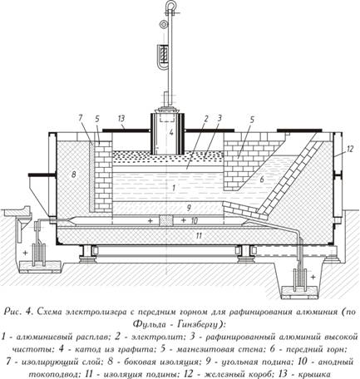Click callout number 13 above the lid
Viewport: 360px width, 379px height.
(121, 119)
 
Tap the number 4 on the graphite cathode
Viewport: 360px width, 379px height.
(171, 133)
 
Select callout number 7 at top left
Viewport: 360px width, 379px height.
(81, 118)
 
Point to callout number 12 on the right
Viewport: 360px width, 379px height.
(350, 149)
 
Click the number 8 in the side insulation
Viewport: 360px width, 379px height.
(73, 175)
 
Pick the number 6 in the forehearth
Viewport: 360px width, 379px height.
(262, 180)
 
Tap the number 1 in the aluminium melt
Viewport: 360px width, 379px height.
(174, 188)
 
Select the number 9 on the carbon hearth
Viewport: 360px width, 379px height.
(189, 208)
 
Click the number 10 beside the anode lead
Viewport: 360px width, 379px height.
(194, 221)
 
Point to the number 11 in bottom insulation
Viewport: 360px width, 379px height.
(199, 236)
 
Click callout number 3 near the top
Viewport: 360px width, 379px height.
(219, 118)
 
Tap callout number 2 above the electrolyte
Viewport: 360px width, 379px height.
(205, 119)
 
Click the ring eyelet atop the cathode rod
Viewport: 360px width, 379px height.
(170, 5)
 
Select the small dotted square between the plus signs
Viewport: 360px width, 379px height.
(166, 221)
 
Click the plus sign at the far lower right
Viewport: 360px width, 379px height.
(313, 277)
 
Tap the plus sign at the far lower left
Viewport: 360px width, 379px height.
(25, 253)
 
